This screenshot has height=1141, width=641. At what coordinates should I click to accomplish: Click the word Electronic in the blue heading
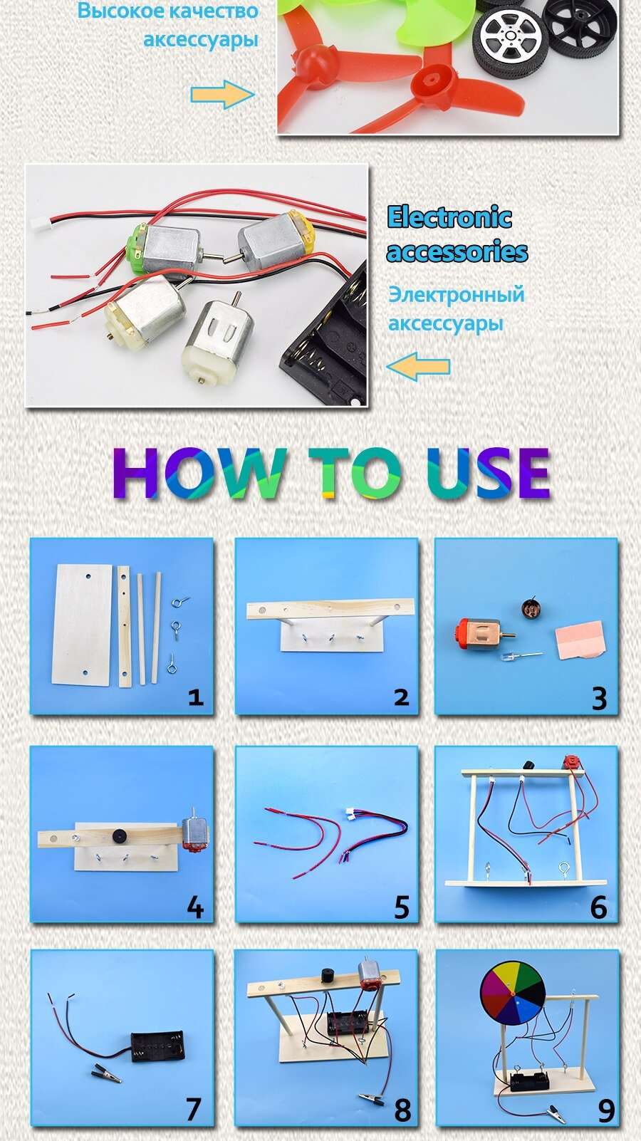[x=449, y=217]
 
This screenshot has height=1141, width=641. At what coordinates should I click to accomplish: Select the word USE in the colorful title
[x=489, y=473]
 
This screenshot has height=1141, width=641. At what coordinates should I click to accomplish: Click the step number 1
[x=195, y=697]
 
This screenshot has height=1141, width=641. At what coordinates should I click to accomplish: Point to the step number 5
[x=402, y=907]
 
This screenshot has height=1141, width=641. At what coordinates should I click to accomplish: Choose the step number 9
[x=605, y=1110]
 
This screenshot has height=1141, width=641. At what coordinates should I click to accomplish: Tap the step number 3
[x=599, y=698]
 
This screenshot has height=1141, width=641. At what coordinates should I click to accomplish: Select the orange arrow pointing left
[x=418, y=366]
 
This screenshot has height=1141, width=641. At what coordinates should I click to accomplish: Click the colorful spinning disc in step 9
[x=512, y=994]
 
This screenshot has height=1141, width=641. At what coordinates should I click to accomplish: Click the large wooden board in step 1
[x=82, y=624]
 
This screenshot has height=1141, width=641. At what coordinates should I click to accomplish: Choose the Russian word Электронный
[x=456, y=294]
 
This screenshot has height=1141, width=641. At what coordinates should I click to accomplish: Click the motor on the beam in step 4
[x=194, y=832]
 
